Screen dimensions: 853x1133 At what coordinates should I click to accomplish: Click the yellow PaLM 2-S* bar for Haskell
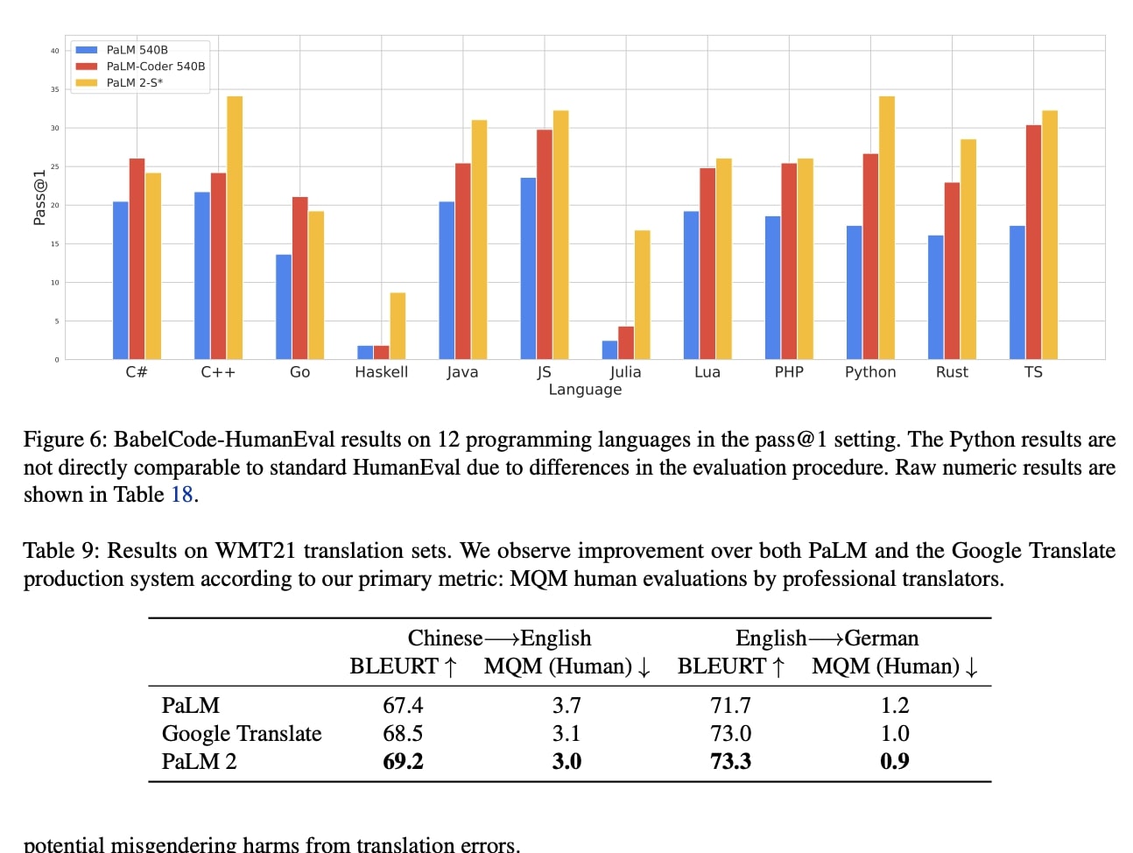(x=398, y=326)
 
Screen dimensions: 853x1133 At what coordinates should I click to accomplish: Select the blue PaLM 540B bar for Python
(x=854, y=293)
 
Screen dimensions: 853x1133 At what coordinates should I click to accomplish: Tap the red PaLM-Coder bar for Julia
(x=625, y=342)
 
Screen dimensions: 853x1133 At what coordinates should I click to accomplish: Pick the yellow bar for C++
(x=235, y=228)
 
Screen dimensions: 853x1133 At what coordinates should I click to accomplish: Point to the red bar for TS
(x=1033, y=242)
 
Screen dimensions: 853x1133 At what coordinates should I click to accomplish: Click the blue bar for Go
(x=284, y=307)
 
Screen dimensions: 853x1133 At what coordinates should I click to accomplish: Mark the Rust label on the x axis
(x=952, y=372)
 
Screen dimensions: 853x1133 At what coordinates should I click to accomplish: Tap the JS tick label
(x=544, y=372)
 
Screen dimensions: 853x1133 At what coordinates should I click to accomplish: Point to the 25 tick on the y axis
(x=54, y=166)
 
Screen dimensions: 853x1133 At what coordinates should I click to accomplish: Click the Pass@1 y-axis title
(x=39, y=198)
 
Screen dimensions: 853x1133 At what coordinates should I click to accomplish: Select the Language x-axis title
(x=585, y=390)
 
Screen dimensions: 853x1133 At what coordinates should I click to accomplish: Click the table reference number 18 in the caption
(x=181, y=495)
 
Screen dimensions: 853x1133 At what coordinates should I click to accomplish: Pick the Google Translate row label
(x=242, y=734)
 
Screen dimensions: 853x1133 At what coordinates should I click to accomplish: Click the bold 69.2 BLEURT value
(x=403, y=762)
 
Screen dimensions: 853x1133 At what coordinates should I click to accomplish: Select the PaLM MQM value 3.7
(x=566, y=706)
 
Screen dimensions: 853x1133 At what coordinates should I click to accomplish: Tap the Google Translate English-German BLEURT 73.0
(x=730, y=734)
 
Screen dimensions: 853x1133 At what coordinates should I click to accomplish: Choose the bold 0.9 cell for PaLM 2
(x=894, y=762)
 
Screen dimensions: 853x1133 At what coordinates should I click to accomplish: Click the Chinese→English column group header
(x=499, y=638)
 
